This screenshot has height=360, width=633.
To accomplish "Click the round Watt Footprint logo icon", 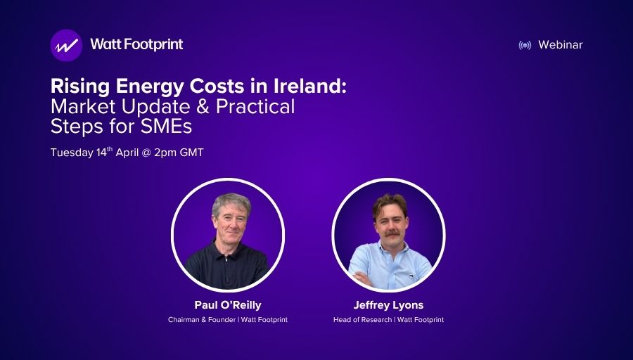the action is [x=66, y=45].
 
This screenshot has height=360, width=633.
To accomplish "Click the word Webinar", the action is [x=561, y=45].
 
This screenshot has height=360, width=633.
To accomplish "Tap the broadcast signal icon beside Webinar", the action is [x=525, y=45].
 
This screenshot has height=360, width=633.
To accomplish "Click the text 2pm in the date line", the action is [x=165, y=153].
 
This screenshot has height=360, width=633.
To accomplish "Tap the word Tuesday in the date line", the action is [x=72, y=153].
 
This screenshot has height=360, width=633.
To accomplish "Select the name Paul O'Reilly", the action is [x=228, y=305].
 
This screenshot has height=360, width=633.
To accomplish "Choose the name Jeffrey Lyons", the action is [x=388, y=305].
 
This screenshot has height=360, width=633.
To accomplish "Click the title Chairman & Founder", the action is [x=201, y=320].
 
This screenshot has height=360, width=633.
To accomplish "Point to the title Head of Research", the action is [x=362, y=320].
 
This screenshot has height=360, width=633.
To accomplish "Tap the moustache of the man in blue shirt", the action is [x=392, y=233].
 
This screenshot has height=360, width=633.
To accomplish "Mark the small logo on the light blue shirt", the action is [x=411, y=276].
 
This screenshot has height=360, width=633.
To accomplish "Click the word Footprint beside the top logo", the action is [x=154, y=44].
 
